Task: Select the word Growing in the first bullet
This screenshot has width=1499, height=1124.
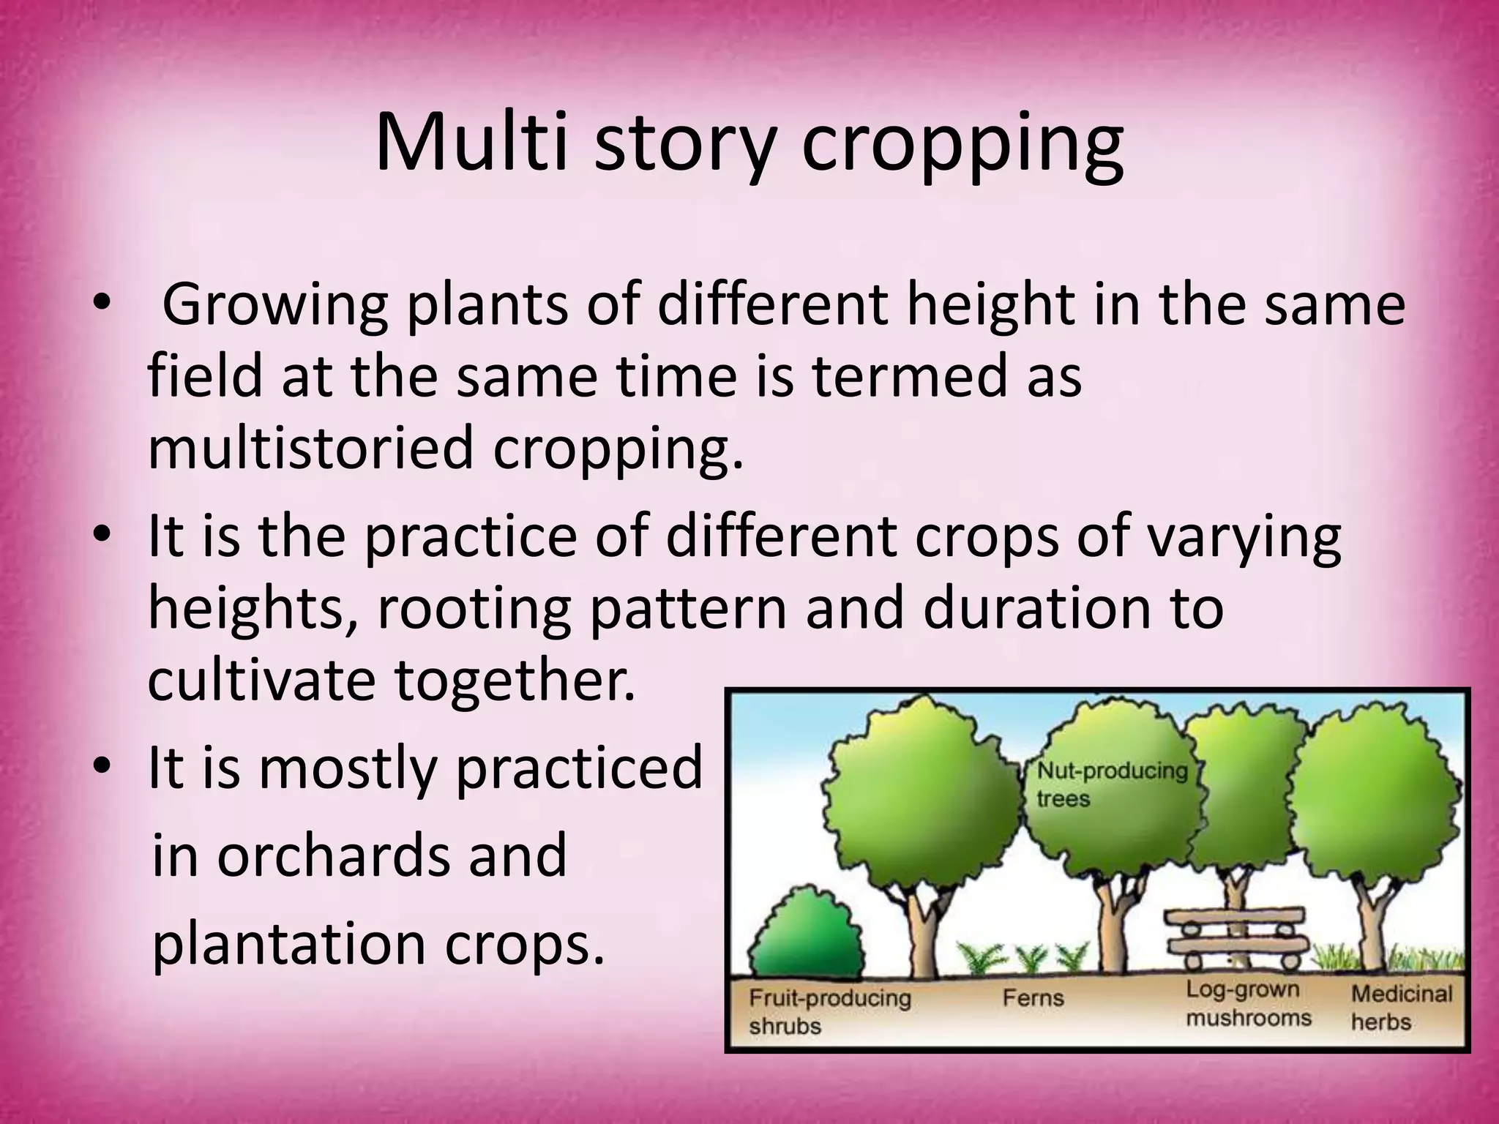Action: click(274, 306)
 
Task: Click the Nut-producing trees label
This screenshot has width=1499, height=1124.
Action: click(1111, 784)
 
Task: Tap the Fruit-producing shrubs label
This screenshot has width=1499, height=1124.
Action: click(829, 1011)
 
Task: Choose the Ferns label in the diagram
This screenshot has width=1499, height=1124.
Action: click(1032, 997)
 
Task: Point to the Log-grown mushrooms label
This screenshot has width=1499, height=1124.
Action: click(1248, 1003)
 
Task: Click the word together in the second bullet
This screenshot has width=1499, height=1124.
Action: click(515, 681)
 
